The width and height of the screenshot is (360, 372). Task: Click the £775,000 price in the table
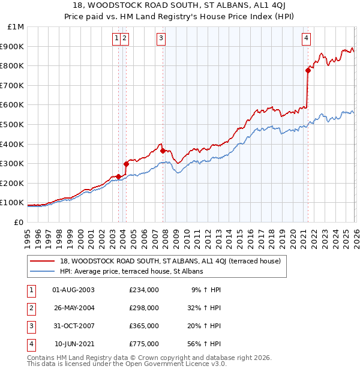coord(144,344)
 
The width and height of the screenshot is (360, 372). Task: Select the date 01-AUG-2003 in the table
coord(73,290)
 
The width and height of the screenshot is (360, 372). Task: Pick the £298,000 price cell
coord(144,308)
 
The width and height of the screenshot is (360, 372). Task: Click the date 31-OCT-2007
coord(73,326)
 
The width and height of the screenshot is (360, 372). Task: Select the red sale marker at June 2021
coord(308,71)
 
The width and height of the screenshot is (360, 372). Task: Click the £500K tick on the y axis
coord(13,124)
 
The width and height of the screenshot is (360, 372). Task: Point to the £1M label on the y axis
coord(16,26)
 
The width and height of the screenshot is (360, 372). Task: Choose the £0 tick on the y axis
coord(18,222)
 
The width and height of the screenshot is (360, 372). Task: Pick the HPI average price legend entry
coord(131,271)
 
